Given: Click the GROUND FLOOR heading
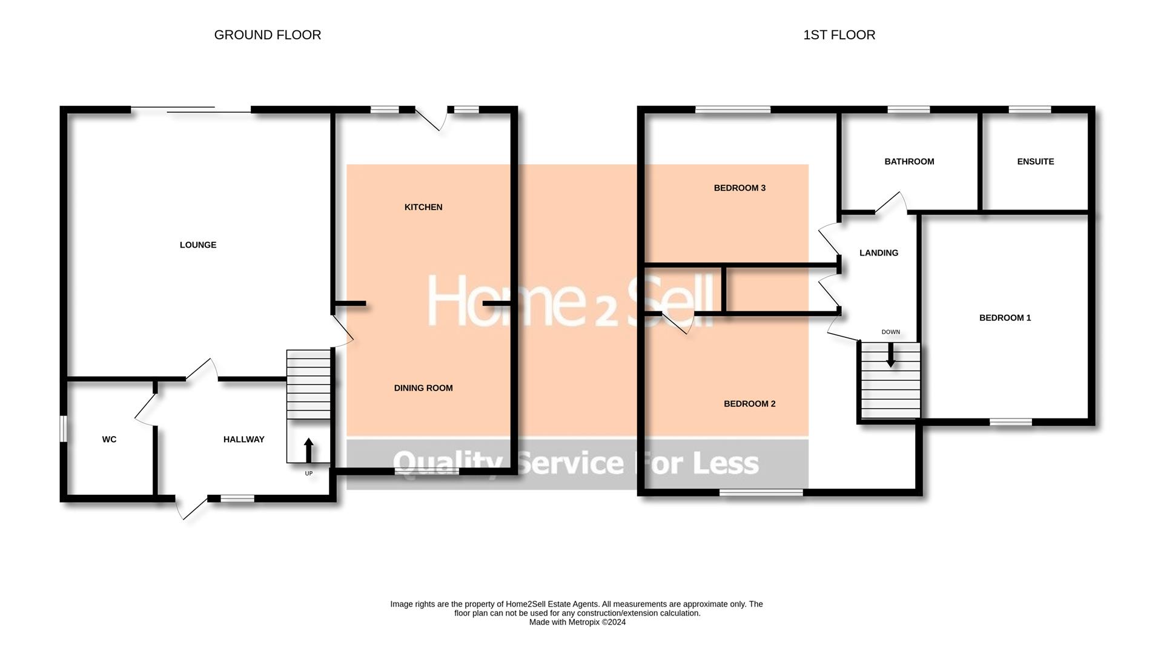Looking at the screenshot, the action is pos(268,35).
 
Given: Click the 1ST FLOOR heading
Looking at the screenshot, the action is pos(839,35).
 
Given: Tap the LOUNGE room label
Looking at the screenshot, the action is pos(198,245).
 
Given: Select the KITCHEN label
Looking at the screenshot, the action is pos(423,207).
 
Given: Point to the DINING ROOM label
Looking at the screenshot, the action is pos(423,388).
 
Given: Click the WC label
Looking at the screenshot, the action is pos(109,440).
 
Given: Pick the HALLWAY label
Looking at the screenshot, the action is pos(244,440).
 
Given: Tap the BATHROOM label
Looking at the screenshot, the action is pos(909,162).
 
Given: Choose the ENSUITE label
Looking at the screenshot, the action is pos(1036,162).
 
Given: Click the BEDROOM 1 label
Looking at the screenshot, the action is pos(1005,318).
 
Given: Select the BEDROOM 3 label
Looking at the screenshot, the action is pos(740,188).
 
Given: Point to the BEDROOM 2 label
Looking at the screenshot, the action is pos(750,404).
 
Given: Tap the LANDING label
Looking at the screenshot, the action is pos(879,253).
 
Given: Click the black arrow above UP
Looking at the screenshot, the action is pos(308,451).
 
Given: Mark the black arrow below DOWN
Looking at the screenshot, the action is pos(890,355).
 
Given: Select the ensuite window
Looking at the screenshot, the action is pos(1030,110).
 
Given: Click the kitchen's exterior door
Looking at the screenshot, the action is pos(431,119).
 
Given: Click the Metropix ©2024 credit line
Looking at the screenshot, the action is pos(577,622).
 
